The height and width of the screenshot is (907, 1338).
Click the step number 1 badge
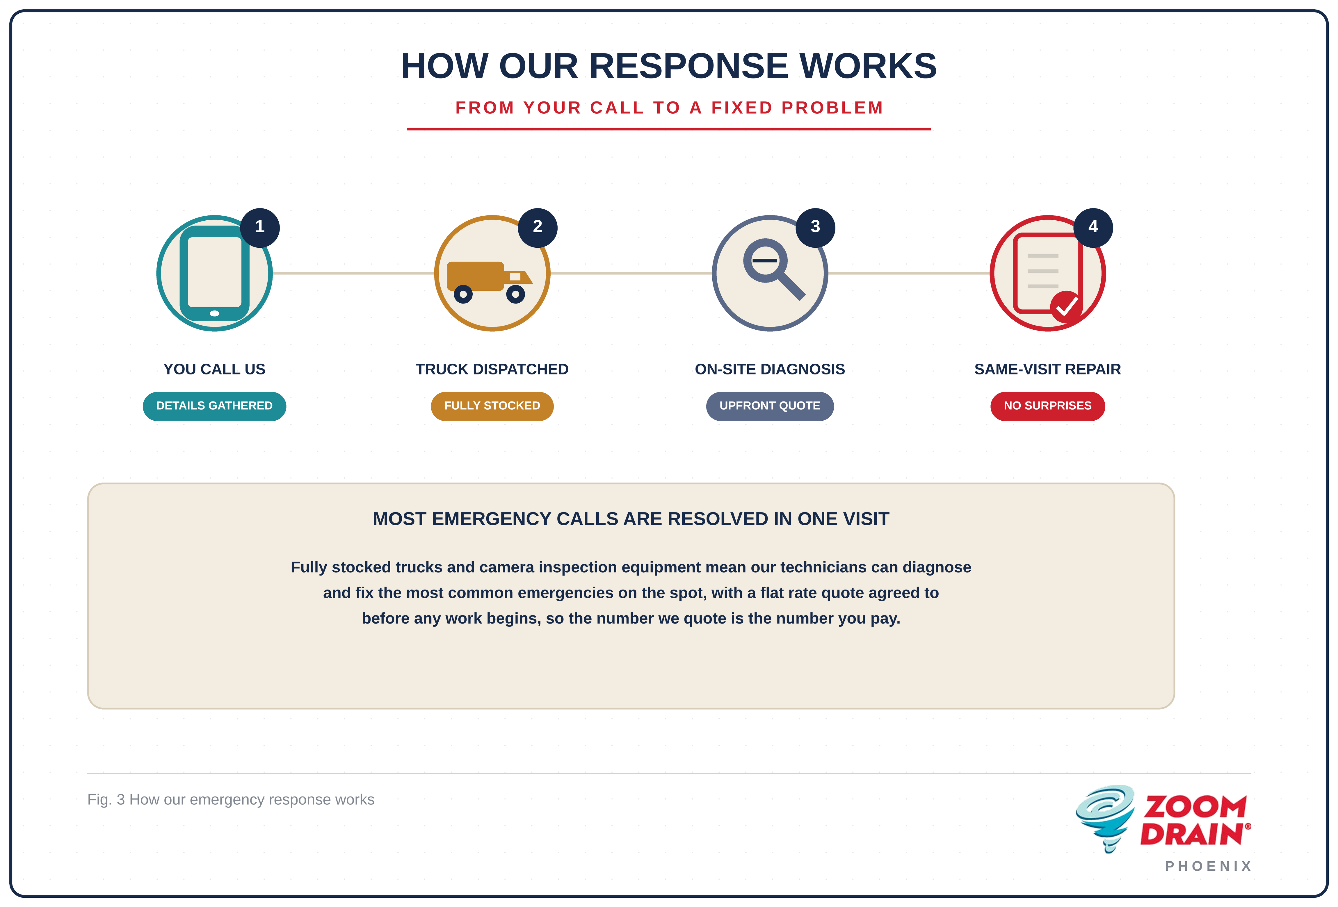point(260,227)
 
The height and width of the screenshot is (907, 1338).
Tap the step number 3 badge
point(815,227)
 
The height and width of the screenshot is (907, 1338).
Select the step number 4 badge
point(1093,227)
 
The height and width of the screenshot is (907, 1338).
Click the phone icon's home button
point(215,313)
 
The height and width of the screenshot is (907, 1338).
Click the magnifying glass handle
point(791,285)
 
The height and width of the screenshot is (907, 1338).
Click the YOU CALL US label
point(214,369)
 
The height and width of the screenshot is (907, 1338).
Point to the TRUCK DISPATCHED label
point(492,369)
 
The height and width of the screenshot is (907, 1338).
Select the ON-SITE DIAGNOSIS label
point(770,369)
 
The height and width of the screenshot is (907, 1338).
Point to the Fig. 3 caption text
point(231,799)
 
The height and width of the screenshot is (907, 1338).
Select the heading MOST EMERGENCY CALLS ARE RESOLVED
point(631,519)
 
